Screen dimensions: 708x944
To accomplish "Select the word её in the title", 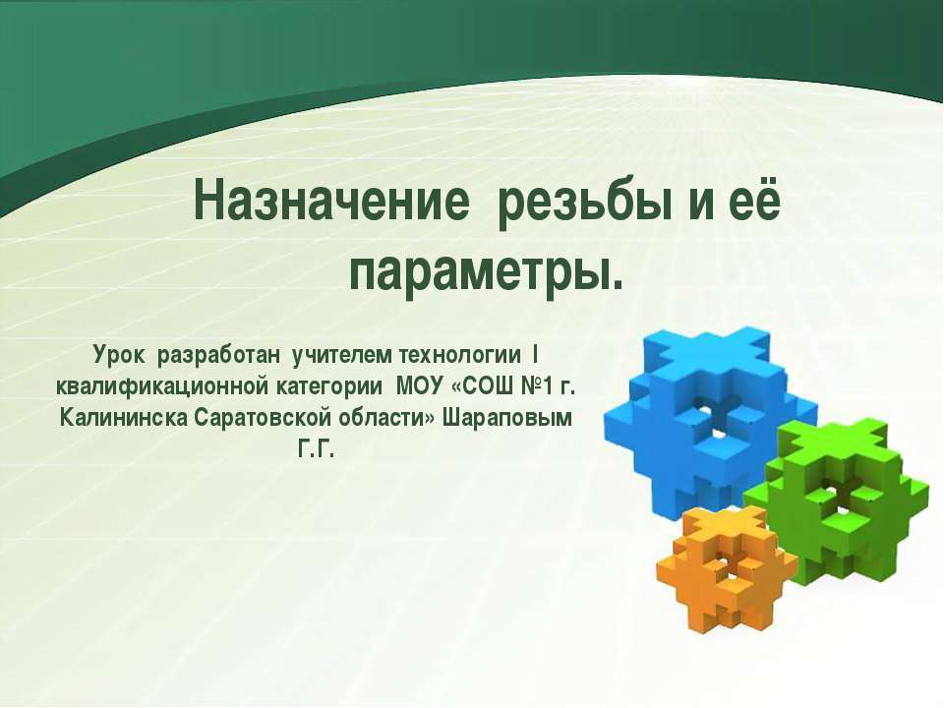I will [x=753, y=203].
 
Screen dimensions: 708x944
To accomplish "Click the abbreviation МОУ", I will [x=418, y=385].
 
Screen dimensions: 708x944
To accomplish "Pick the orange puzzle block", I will [x=723, y=570].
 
